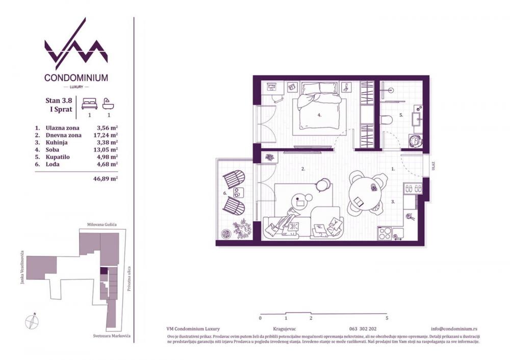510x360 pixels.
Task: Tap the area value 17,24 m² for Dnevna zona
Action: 107,136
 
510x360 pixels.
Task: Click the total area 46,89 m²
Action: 107,179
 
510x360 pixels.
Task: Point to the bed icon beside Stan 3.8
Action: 89,104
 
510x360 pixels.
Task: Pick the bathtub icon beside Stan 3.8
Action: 108,104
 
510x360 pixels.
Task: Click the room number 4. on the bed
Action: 319,115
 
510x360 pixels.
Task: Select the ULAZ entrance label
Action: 432,166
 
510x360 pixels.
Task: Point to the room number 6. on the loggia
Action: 225,194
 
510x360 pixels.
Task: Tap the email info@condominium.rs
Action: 454,329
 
